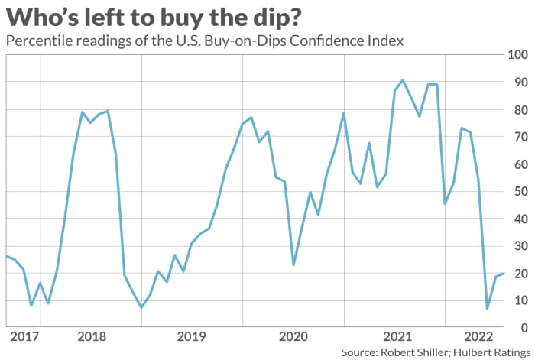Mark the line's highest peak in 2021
pos(403,79)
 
